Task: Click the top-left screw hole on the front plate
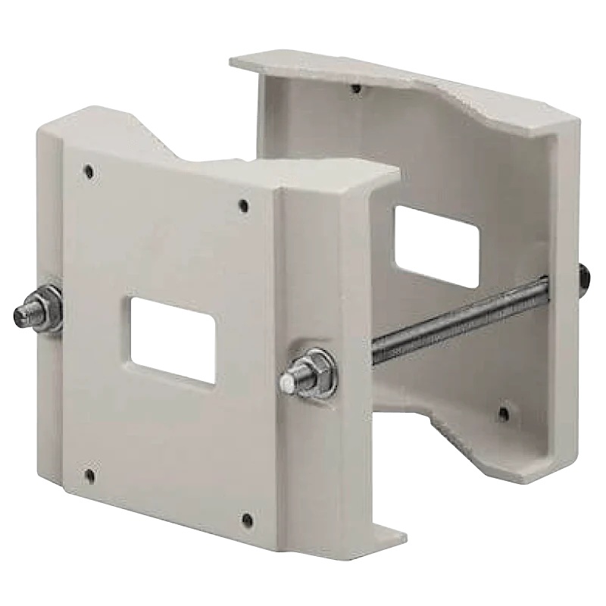pyautogui.click(x=89, y=171)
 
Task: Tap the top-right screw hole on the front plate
pyautogui.click(x=243, y=205)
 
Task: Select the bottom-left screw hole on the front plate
pyautogui.click(x=90, y=476)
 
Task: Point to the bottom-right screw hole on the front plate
pyautogui.click(x=246, y=519)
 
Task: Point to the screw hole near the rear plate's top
pyautogui.click(x=356, y=89)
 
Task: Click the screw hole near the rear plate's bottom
pyautogui.click(x=503, y=414)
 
